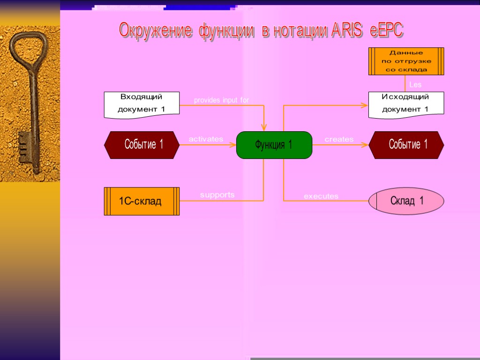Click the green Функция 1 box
[x=274, y=145]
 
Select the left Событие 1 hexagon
[x=142, y=145]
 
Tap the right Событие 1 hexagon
[x=406, y=145]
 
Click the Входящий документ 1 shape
[x=142, y=104]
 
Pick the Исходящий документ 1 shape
[x=406, y=104]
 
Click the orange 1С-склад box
[x=142, y=201]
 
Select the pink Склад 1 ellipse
[x=406, y=201]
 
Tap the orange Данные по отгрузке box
[x=406, y=61]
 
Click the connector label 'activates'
[x=206, y=139]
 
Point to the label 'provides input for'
[x=221, y=100]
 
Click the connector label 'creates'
[x=339, y=139]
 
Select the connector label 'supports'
[x=217, y=195]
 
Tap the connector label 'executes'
[x=321, y=196]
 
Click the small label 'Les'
[x=415, y=85]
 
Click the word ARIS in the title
[x=347, y=30]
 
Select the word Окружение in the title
[x=155, y=30]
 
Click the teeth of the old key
[x=22, y=146]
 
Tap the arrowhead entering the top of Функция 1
[x=264, y=127]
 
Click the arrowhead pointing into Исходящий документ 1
[x=365, y=105]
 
